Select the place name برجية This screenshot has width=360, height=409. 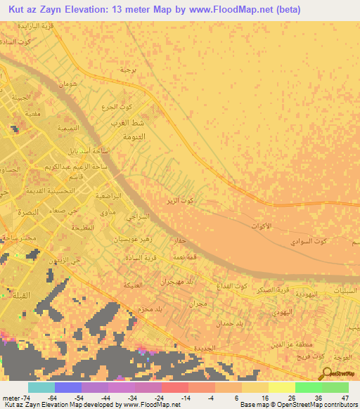tap(127, 70)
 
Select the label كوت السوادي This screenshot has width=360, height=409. tap(311, 242)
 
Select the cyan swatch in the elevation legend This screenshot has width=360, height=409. tap(41, 387)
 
